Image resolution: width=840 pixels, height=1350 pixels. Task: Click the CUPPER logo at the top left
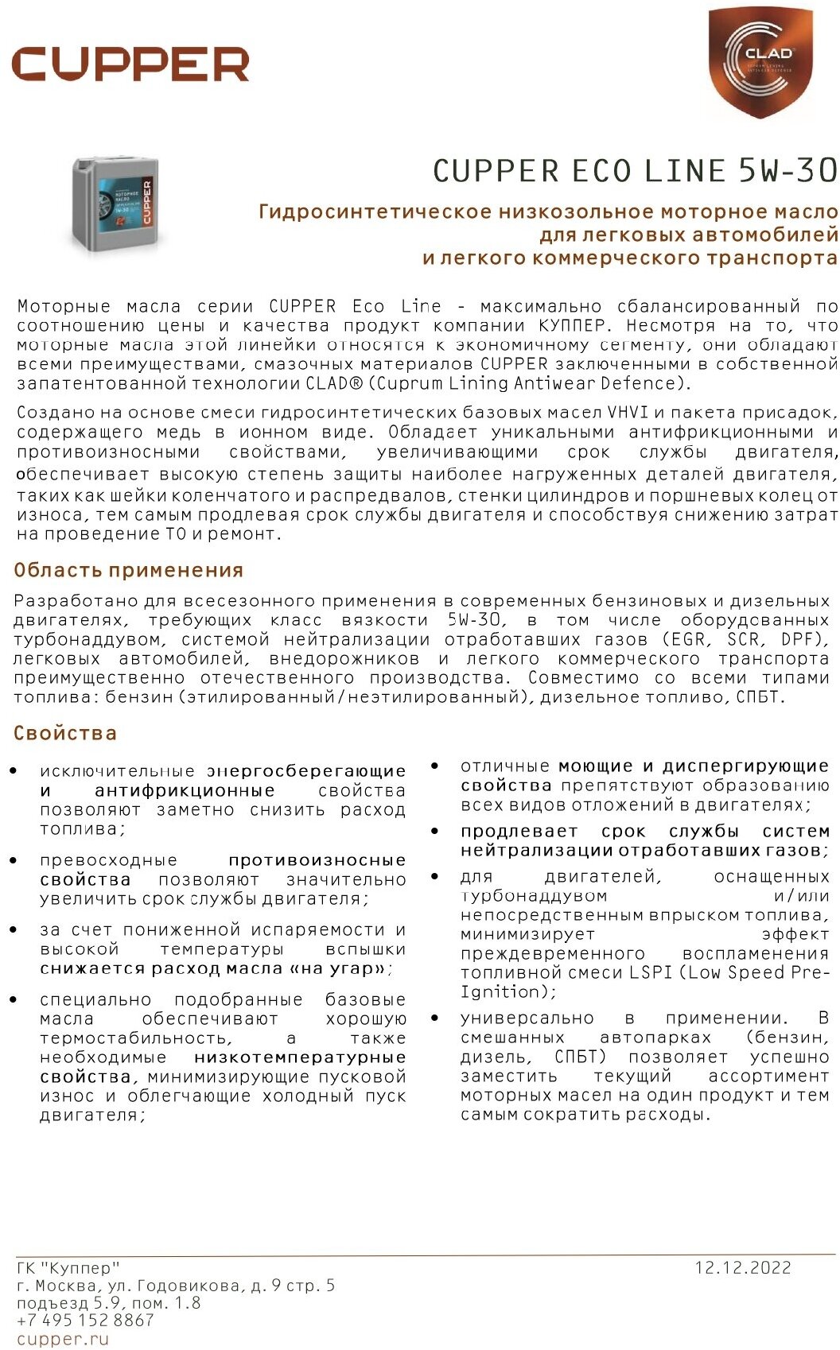[x=130, y=64]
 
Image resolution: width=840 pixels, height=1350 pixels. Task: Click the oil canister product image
[x=115, y=204]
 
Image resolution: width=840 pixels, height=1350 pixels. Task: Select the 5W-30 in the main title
[x=787, y=171]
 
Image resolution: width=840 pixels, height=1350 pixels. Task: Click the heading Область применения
[x=128, y=570]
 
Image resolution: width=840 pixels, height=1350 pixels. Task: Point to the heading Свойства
[x=64, y=733]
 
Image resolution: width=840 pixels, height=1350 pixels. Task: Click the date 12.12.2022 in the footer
[x=743, y=1267]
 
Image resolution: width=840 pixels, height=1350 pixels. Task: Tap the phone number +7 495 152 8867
[x=85, y=1321]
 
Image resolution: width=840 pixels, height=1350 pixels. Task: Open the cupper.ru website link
[x=62, y=1339]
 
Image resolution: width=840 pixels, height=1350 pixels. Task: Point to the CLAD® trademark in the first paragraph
[x=329, y=383]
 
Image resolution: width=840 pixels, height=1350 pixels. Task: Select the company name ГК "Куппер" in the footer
[x=68, y=1267]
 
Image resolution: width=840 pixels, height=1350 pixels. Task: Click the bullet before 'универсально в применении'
[x=434, y=1018]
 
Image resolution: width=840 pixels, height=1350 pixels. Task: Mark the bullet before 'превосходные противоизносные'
[x=14, y=860]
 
